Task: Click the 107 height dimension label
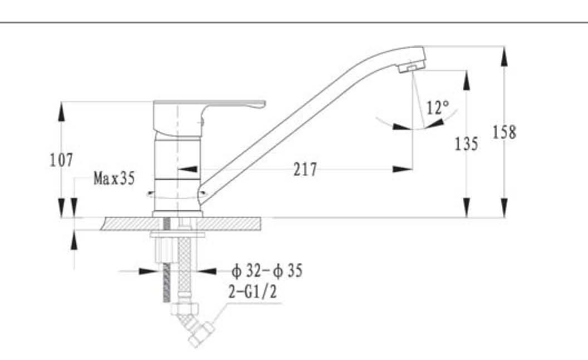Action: (x=61, y=160)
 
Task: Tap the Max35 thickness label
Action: (x=114, y=178)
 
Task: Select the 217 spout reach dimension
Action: (x=305, y=169)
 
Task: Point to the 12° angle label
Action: (x=438, y=108)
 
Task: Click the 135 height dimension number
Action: (x=466, y=144)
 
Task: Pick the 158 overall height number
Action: (x=504, y=132)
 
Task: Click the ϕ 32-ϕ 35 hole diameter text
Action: (x=267, y=271)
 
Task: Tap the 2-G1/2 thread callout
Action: (x=253, y=291)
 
